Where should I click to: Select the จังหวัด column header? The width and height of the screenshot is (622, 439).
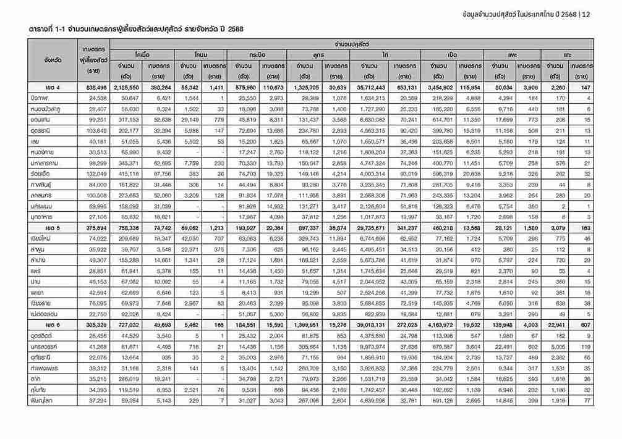52,61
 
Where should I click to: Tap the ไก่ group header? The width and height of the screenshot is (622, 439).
385,54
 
